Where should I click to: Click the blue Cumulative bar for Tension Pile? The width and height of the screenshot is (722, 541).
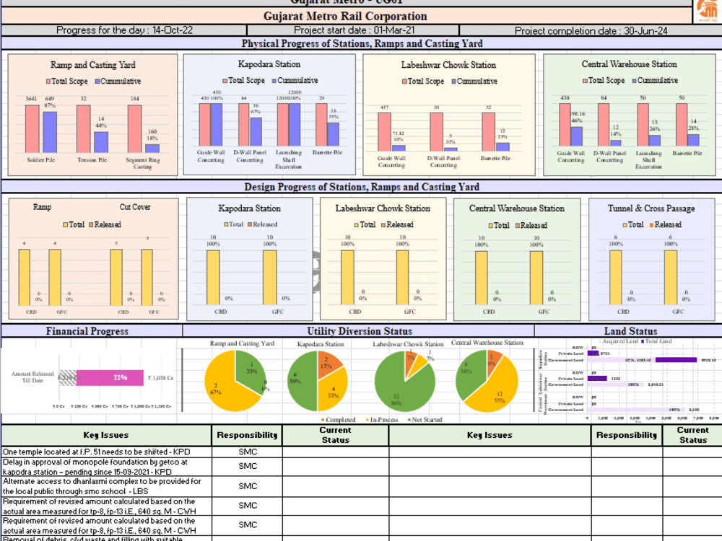[x=101, y=142]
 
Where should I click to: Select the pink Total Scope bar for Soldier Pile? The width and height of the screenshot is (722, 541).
[x=32, y=128]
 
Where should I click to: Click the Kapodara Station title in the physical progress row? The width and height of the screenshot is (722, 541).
[x=269, y=65]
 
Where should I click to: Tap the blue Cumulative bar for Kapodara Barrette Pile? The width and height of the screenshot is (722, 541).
[x=333, y=134]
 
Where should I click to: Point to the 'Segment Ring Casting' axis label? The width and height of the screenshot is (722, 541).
[x=143, y=163]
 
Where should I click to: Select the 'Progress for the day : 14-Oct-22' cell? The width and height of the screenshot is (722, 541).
[x=124, y=31]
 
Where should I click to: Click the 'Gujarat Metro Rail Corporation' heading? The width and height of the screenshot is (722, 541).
[x=345, y=16]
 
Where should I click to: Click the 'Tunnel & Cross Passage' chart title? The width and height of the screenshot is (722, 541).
[x=651, y=208]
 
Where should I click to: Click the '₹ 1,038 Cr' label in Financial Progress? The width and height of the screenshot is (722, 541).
[x=160, y=377]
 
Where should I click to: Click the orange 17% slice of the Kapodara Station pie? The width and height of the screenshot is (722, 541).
[x=331, y=364]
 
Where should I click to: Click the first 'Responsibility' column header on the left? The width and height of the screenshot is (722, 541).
[x=248, y=435]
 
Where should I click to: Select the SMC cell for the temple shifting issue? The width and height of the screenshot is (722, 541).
[x=248, y=452]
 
